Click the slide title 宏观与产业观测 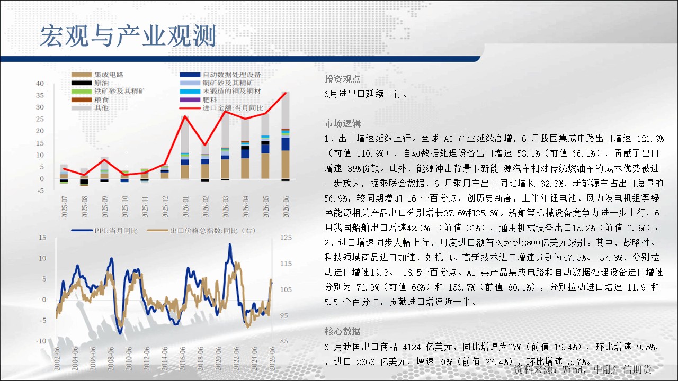(128, 36)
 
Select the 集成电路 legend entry (97, 75)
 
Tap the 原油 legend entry (90, 83)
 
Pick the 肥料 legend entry (198, 99)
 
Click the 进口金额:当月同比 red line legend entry (221, 108)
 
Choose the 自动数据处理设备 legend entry (220, 75)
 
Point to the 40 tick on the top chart (40, 84)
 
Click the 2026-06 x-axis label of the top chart (286, 206)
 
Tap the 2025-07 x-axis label (65, 206)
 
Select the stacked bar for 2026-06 (286, 137)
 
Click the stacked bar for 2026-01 (185, 148)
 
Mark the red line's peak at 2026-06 (286, 93)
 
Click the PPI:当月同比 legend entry (104, 231)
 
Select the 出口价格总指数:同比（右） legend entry (201, 231)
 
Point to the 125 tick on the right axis (286, 238)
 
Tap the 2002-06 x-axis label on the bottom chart (57, 358)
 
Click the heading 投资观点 (342, 79)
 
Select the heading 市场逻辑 (342, 123)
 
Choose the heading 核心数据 (342, 331)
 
